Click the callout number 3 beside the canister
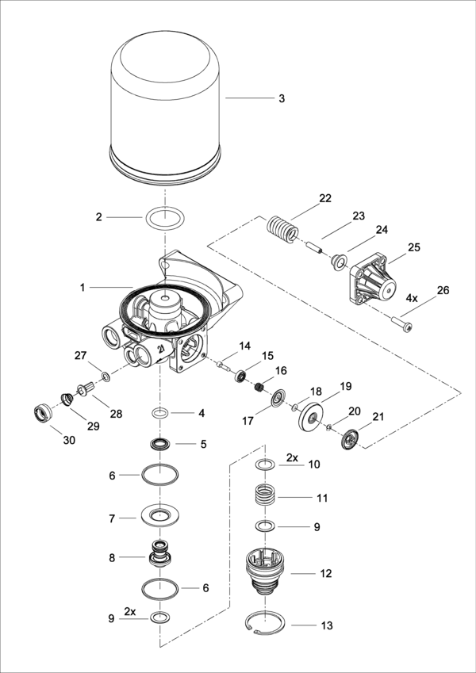coord(281,99)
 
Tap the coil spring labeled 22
coord(282,229)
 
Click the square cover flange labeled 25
coord(371,282)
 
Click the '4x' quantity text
coord(412,300)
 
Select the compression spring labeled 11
coord(265,499)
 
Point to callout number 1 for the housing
coord(82,287)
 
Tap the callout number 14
coord(245,346)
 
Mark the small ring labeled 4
coord(160,413)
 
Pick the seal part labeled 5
coord(161,443)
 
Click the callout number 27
coord(80,354)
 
